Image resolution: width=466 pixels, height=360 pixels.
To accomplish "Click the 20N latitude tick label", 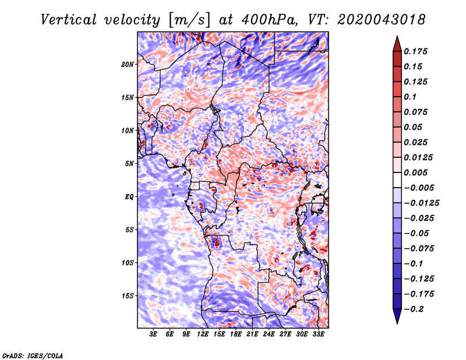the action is (127, 65).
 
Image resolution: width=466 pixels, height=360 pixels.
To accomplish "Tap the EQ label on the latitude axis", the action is (129, 197).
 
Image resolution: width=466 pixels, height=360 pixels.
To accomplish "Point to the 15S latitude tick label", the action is (128, 296).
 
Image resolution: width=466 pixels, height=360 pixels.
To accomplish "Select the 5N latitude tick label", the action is (129, 164).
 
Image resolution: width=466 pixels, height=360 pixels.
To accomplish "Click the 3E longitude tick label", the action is (153, 334).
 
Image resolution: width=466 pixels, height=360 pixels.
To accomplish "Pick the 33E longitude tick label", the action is (318, 334).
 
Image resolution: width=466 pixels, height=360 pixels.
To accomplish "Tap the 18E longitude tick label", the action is (236, 334).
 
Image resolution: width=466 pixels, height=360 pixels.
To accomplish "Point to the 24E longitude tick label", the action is (269, 334).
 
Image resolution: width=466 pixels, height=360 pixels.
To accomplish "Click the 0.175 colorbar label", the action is (416, 51).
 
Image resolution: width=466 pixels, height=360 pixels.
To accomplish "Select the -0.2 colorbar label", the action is (414, 309).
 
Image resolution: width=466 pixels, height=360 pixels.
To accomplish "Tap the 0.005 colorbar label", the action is (416, 172).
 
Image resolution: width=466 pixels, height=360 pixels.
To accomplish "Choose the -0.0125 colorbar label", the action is (422, 203).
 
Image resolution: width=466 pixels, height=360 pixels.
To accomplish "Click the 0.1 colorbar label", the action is (411, 97).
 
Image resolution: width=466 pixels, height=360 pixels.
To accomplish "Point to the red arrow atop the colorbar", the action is (397, 44).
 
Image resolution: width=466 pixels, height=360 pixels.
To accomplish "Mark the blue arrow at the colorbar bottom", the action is (397, 316).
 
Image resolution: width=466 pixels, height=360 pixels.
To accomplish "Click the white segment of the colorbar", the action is (397, 180).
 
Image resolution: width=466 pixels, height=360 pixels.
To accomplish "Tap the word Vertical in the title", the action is (69, 20).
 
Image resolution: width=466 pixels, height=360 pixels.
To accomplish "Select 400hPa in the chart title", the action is (269, 20).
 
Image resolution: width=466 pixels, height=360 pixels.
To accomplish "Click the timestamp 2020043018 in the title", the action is (382, 20).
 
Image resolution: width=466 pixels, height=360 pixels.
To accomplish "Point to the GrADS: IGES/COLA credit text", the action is (33, 355).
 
